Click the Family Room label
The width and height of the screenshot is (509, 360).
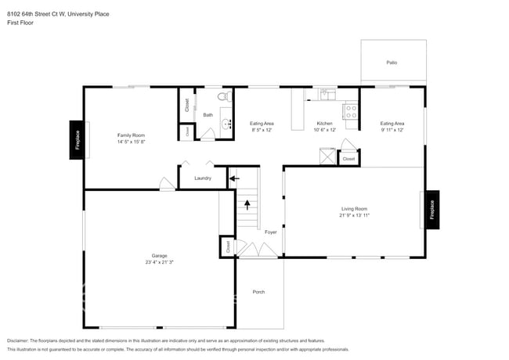point(131,135)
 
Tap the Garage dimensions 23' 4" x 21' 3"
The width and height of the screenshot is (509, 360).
point(159,261)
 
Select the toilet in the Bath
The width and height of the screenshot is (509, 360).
point(223,98)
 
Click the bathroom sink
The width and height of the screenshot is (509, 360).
point(226,124)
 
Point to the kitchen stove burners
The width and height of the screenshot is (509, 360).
point(351,112)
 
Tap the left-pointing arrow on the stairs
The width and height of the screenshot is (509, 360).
point(233,179)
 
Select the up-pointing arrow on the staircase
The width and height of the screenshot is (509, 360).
point(248,206)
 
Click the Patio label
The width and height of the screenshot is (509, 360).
point(392,62)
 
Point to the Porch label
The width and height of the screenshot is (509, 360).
point(258,292)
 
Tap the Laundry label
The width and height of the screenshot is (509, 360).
point(203,178)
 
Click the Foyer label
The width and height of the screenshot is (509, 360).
point(270,232)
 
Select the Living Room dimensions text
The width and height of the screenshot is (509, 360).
point(354,214)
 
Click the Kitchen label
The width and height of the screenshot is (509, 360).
point(324,124)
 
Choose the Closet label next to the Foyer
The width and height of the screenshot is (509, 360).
point(228,247)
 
